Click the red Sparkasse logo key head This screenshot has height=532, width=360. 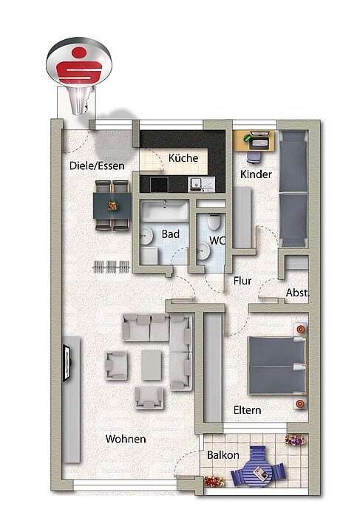coord(79,62)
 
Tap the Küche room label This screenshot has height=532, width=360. coord(183,158)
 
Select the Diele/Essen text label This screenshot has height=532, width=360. coord(97,166)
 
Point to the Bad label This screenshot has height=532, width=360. coord(170,234)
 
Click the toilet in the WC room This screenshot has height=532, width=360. coord(214,222)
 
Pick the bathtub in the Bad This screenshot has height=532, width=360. coord(165,211)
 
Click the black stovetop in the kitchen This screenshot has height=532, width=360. coord(159,185)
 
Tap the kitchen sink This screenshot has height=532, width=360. coord(201,184)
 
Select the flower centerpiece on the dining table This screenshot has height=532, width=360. coord(112,205)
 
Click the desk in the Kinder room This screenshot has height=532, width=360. coord(254,141)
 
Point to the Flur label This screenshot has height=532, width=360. coord(242,281)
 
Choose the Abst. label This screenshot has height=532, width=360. coord(298,293)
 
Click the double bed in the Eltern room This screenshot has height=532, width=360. coord(277,366)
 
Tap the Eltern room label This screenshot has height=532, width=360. coord(248,410)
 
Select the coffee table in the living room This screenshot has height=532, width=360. coord(152,365)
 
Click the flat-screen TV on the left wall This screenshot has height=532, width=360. coord(67,363)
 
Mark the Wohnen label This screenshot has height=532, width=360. coord(126,439)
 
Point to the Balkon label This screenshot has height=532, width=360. coord(223,455)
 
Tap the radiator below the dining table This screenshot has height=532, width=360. coord(112,267)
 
